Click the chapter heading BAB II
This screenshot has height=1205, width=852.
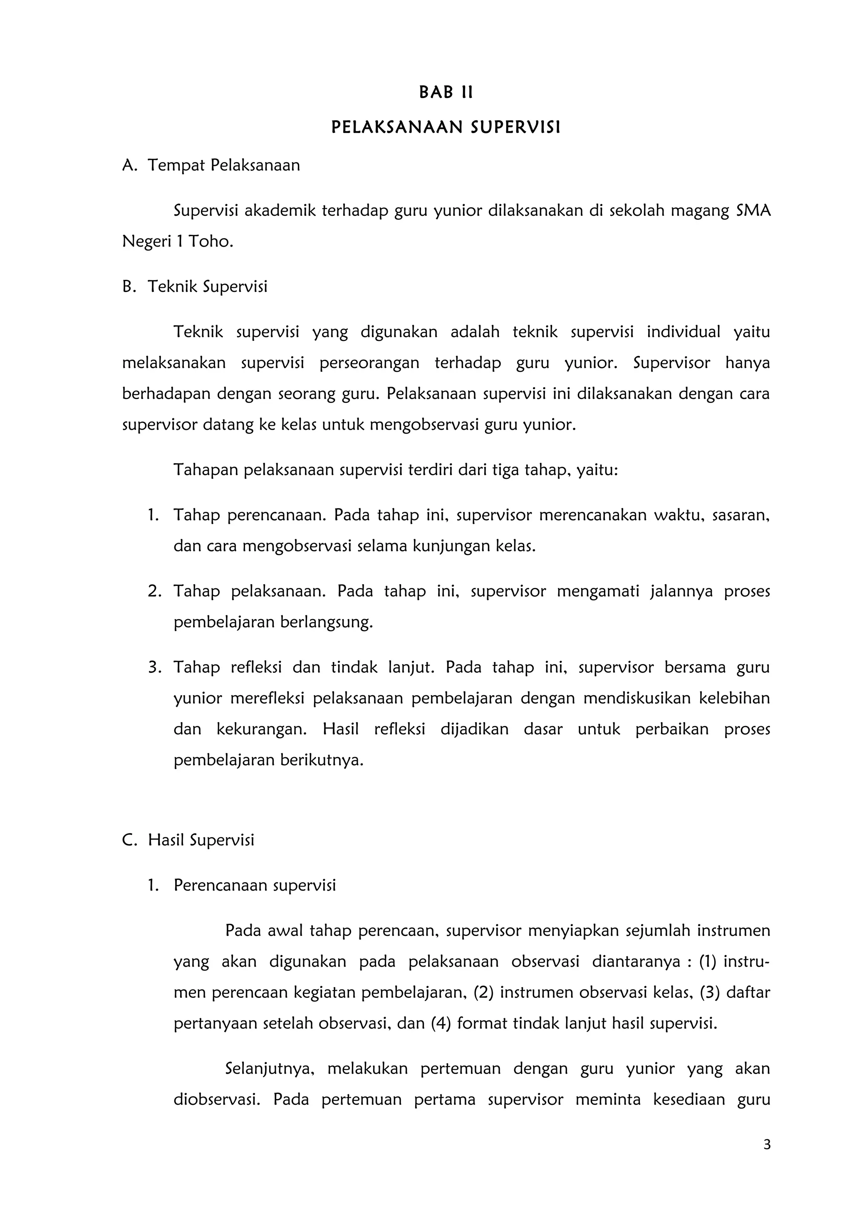(x=446, y=93)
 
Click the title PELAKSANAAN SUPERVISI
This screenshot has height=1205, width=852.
(x=446, y=128)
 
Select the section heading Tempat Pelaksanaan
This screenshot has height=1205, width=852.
(x=224, y=165)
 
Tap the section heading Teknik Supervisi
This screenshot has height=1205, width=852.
(x=207, y=286)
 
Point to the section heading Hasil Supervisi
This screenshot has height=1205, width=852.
(x=201, y=840)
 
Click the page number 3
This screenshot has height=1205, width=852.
(x=767, y=1145)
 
